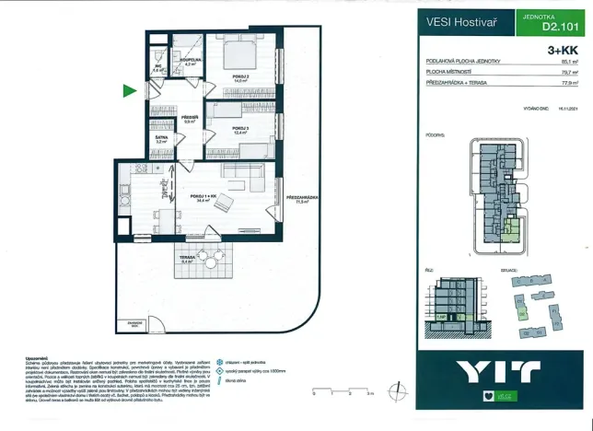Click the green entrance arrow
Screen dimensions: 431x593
[129, 90]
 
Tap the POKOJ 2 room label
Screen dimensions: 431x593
[241, 77]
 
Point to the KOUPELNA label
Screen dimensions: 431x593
[192, 61]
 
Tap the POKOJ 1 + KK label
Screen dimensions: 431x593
[203, 195]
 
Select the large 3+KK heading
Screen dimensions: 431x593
[564, 52]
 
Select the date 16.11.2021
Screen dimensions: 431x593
[569, 107]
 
